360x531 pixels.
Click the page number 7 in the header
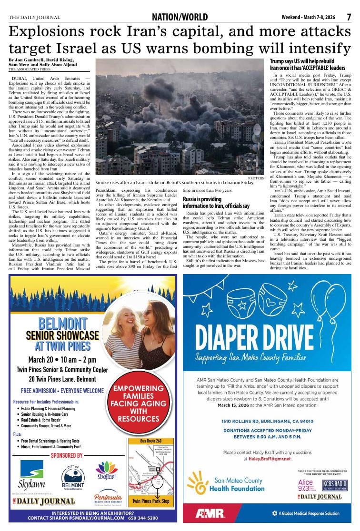pyautogui.click(x=349, y=17)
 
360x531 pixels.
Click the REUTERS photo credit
pyautogui.click(x=258, y=177)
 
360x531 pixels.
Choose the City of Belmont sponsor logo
pyautogui.click(x=73, y=476)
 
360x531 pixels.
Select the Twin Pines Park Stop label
pyautogui.click(x=150, y=501)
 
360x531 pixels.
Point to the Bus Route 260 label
pyautogui.click(x=150, y=441)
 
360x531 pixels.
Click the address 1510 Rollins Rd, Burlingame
pyautogui.click(x=267, y=421)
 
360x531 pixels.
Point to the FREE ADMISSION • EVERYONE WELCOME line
pyautogui.click(x=62, y=391)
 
